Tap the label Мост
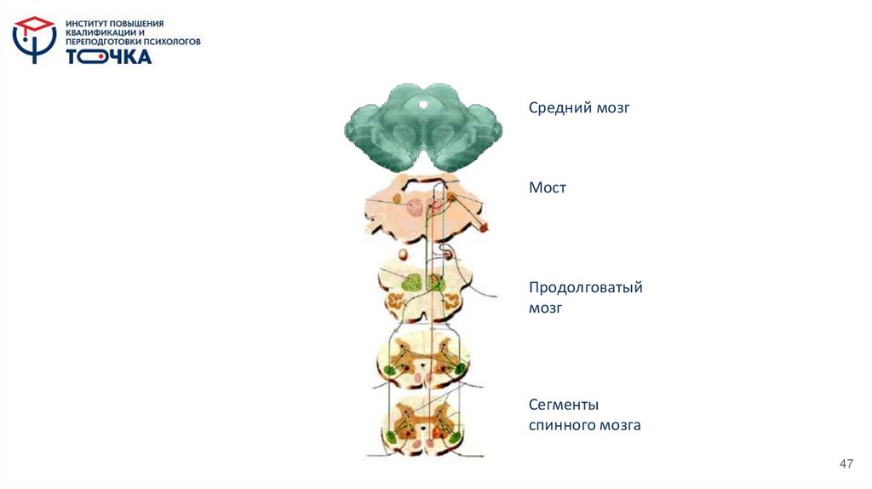coord(548,187)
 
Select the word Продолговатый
coord(585,288)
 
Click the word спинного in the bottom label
coord(559,424)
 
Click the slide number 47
coord(846,463)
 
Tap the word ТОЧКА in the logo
coord(109,57)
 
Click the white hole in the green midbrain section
coord(423,104)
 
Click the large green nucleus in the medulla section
coord(412,282)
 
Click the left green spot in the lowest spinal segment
coord(390,437)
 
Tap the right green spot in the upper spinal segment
coord(460,369)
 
